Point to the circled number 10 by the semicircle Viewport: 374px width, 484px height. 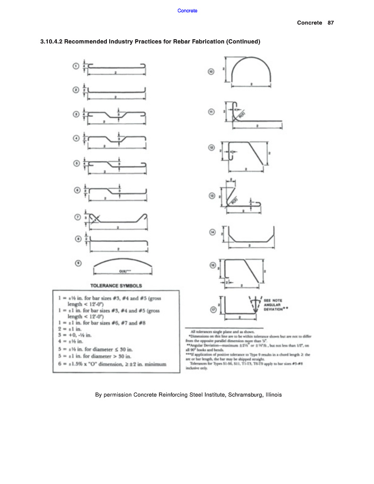[211, 71]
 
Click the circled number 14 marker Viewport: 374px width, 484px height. [212, 232]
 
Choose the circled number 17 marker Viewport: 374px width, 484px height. [212, 310]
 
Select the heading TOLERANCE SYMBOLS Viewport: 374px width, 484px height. [116, 285]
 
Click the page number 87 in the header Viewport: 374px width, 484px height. [331, 23]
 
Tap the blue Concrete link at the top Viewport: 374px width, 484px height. [187, 10]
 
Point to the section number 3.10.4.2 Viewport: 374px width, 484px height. [52, 42]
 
